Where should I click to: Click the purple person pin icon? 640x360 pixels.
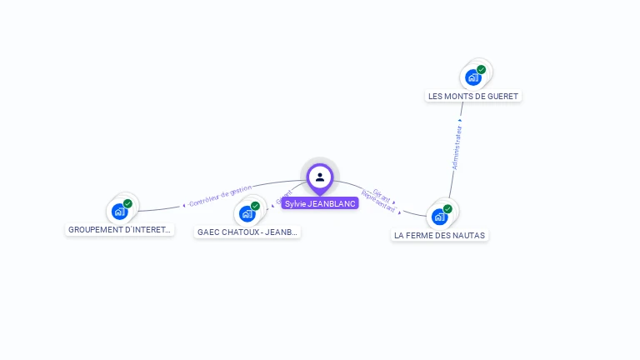click(x=320, y=177)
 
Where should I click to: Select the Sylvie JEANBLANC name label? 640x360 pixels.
click(x=320, y=203)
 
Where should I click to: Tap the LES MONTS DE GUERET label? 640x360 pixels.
click(x=473, y=97)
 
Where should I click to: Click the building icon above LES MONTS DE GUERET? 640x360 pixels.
click(x=473, y=77)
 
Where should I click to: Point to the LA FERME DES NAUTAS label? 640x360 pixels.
click(x=440, y=236)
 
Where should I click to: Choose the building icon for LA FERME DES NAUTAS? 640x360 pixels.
click(x=439, y=217)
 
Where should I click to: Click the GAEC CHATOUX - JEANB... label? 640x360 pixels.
click(x=247, y=232)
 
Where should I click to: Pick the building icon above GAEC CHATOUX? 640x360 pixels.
click(x=247, y=213)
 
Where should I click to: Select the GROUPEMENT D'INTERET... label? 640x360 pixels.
click(x=120, y=230)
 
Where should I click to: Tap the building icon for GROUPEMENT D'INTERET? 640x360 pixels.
click(x=119, y=211)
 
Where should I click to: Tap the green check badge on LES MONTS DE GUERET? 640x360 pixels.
click(x=482, y=70)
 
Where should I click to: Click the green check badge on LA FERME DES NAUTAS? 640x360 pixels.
click(x=447, y=209)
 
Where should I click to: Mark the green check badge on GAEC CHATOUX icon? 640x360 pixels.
click(x=255, y=206)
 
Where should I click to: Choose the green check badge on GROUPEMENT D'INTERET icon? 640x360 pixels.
click(x=127, y=203)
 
